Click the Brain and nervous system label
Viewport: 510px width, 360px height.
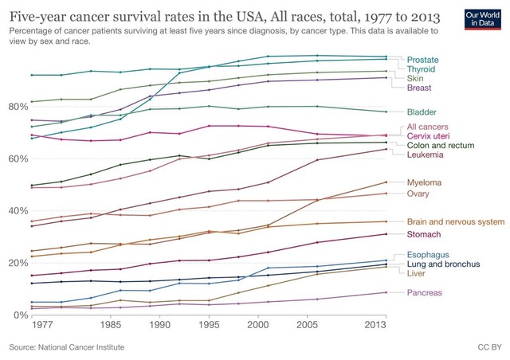pos(455,221)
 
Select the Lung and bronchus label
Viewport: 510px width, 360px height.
pos(443,264)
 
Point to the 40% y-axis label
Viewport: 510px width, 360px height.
pos(18,210)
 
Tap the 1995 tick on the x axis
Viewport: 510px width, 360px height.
pos(209,327)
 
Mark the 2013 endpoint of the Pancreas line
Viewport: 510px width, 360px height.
pos(386,292)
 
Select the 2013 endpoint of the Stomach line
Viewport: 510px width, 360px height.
pos(386,234)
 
